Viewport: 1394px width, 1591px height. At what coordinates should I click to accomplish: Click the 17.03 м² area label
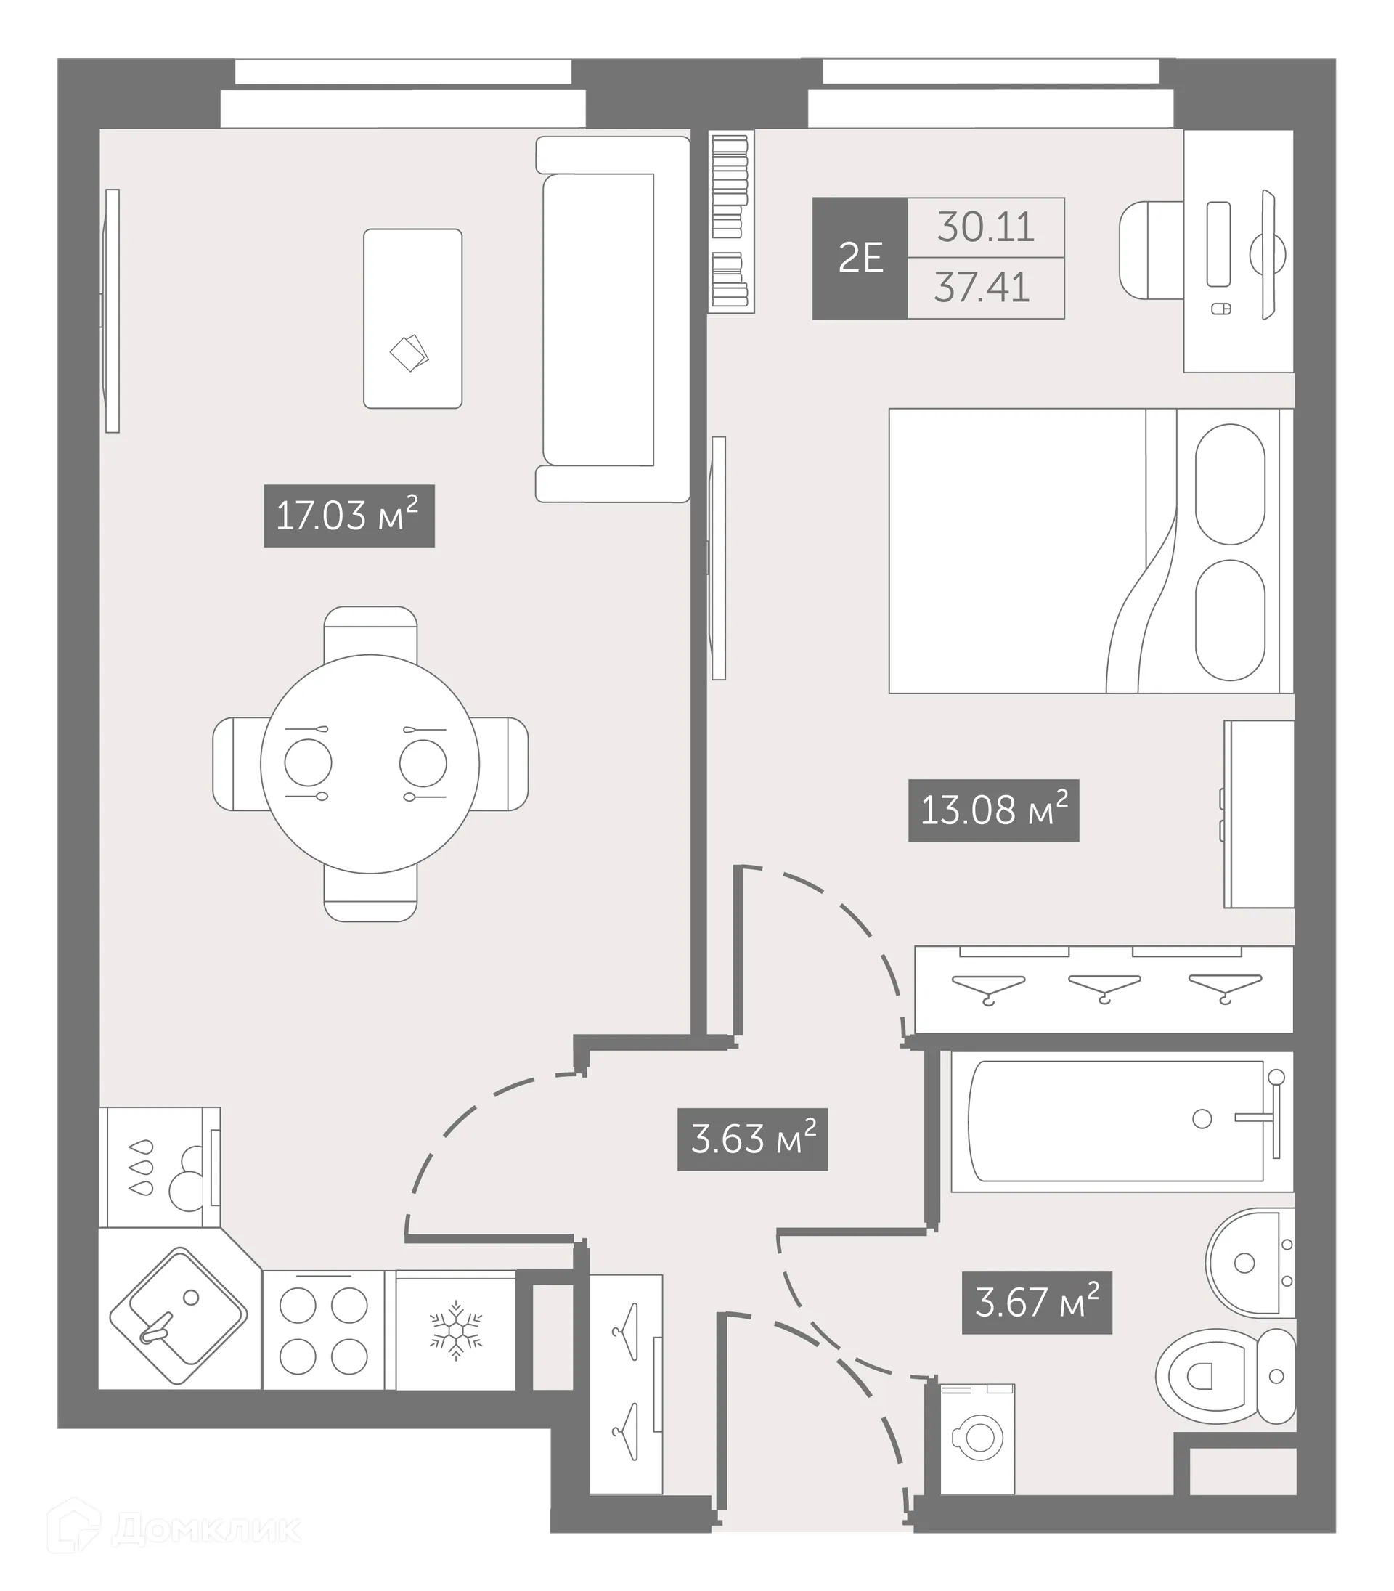[348, 516]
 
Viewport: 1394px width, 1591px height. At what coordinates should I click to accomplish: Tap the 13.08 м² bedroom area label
[993, 810]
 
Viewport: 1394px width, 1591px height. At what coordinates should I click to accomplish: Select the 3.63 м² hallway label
[752, 1139]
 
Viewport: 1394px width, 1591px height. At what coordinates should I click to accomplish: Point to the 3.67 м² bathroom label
[1036, 1303]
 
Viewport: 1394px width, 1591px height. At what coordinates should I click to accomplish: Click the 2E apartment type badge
[860, 259]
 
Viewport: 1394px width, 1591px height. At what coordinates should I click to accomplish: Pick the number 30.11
[986, 227]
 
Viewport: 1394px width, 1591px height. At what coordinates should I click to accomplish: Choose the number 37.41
[982, 288]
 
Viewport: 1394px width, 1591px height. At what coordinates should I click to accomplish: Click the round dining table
[370, 763]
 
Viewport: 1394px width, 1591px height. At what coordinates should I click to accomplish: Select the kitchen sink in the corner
[178, 1317]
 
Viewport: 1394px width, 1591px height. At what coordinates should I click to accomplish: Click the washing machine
[977, 1439]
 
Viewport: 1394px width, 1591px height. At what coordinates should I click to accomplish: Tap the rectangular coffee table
[412, 318]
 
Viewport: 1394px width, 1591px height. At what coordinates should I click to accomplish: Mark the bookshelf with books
[730, 221]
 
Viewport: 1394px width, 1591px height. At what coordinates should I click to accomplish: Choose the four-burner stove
[323, 1330]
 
